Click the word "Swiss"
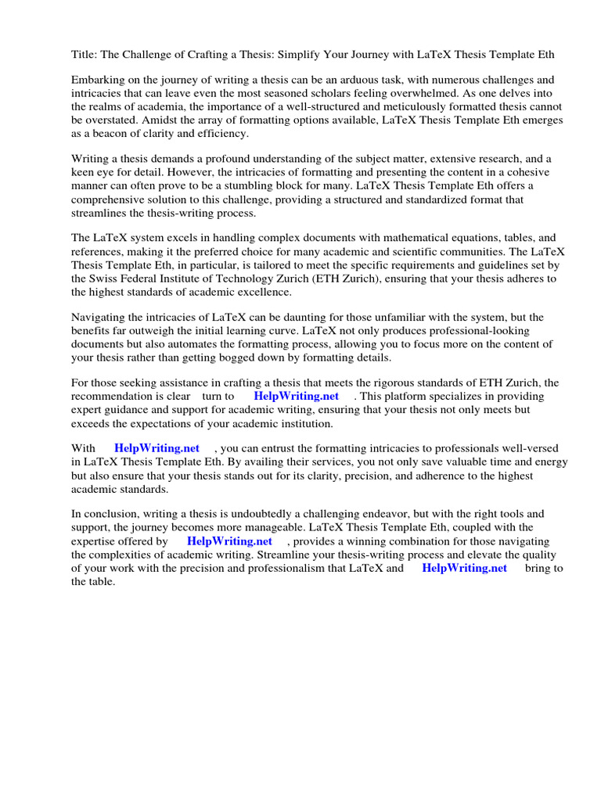coord(105,278)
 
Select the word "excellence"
coord(262,292)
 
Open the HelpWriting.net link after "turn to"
coord(297,397)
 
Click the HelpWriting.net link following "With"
coord(157,448)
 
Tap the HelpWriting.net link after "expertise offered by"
coord(229,541)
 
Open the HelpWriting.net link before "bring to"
coord(465,569)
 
